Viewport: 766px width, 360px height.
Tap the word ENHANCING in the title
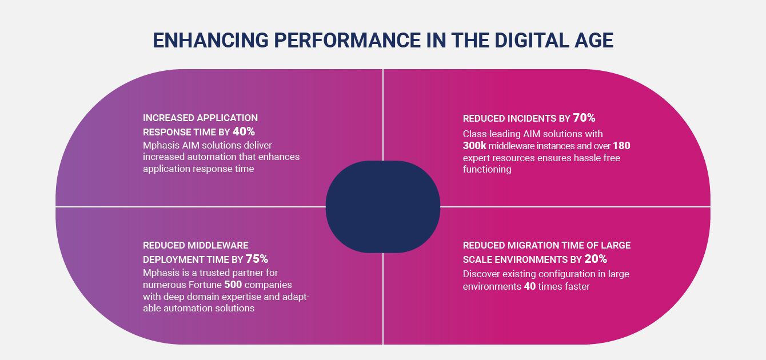point(210,41)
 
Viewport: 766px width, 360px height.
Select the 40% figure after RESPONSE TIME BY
point(244,131)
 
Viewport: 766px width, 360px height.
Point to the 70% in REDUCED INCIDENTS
point(584,118)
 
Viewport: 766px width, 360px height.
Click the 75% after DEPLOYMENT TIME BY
point(257,259)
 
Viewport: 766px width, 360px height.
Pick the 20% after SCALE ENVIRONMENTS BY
point(596,259)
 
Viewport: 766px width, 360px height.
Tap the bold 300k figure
point(474,146)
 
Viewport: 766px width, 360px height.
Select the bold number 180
point(621,146)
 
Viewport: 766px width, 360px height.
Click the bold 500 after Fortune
point(233,285)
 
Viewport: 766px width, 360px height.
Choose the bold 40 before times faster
point(530,286)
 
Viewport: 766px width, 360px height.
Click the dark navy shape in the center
point(383,207)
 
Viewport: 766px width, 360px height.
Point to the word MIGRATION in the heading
point(534,246)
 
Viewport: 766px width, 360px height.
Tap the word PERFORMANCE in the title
point(348,41)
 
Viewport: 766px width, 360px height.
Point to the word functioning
point(487,170)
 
